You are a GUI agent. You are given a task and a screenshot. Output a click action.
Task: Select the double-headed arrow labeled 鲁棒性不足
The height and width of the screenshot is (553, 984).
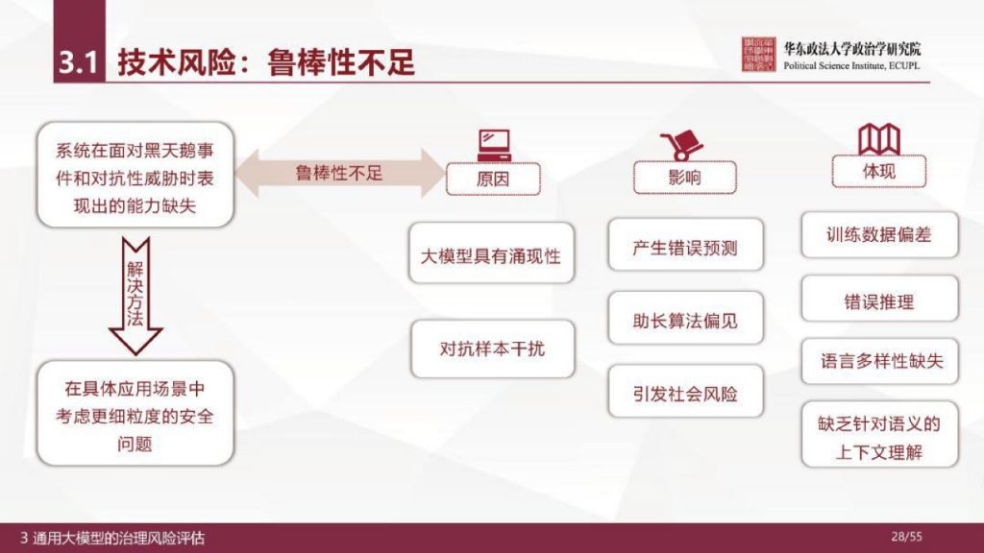tap(339, 174)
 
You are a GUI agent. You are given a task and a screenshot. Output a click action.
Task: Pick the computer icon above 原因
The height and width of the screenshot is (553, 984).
tap(493, 144)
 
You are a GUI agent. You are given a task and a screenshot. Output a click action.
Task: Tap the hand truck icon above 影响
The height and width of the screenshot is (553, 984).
tap(681, 145)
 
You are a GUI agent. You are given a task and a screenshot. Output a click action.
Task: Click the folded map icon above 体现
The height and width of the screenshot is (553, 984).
tap(878, 140)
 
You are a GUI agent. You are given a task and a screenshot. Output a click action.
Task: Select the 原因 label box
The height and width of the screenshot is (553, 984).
tap(493, 179)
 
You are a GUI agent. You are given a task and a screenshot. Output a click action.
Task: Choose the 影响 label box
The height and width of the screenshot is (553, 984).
tap(684, 178)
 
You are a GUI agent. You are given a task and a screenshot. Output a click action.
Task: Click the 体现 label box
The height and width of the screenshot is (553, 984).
tap(878, 172)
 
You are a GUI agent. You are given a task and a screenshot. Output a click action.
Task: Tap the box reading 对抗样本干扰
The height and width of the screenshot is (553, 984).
tap(491, 349)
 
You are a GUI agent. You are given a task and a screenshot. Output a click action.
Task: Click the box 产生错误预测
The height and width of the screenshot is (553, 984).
tap(685, 247)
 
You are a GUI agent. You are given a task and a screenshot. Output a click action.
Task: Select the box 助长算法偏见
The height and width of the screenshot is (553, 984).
tap(685, 321)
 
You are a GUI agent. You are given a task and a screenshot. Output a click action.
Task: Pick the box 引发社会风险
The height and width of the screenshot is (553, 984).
tap(685, 394)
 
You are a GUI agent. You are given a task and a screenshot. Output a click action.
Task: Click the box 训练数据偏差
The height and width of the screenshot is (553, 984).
tap(878, 234)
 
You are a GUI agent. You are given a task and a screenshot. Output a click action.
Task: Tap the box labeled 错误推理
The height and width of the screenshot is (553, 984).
tap(878, 301)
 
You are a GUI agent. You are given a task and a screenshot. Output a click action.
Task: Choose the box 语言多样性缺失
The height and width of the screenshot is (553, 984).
tap(878, 362)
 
